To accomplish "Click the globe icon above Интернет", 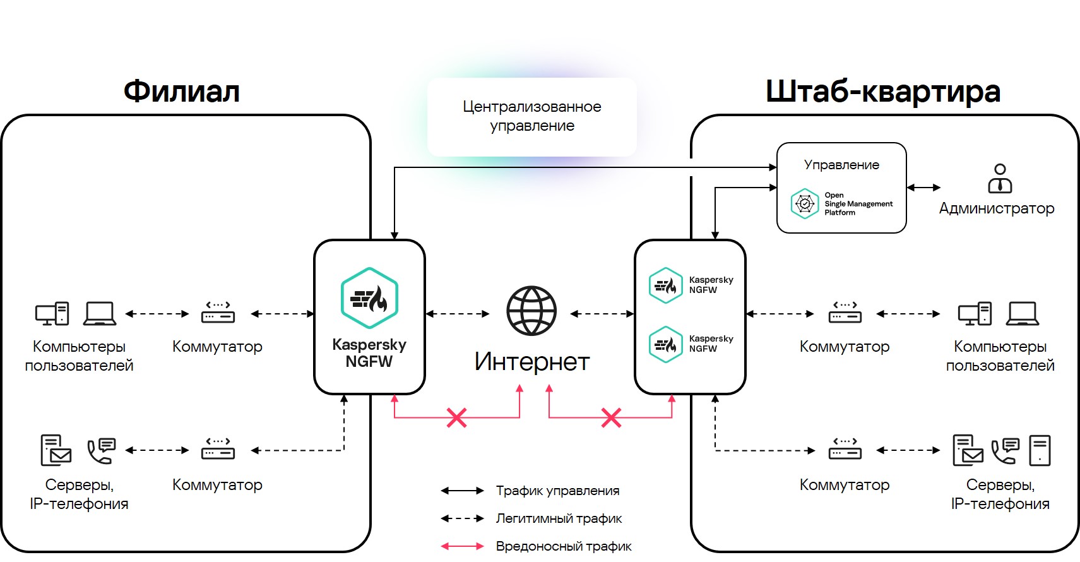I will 531,311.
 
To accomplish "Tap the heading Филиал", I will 182,92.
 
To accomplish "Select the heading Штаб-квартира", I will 882,92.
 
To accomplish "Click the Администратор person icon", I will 1000,179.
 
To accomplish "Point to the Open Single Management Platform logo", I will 805,203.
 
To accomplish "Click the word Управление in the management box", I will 841,165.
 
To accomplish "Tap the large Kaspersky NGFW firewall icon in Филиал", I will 369,298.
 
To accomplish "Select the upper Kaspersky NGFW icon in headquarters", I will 666,285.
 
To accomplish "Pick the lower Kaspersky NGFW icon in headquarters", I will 666,344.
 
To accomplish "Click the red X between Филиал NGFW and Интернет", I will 456,417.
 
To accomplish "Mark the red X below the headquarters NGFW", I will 611,417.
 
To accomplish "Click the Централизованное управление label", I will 531,116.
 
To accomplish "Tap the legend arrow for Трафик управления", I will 462,491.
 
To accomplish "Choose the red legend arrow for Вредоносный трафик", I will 462,546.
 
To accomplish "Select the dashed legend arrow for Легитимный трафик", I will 462,518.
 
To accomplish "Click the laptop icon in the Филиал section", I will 100,313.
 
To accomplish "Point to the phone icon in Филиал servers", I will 101,450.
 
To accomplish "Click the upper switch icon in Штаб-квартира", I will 845,313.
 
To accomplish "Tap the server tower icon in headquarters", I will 1039,450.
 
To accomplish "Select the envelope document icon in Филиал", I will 56,450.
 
